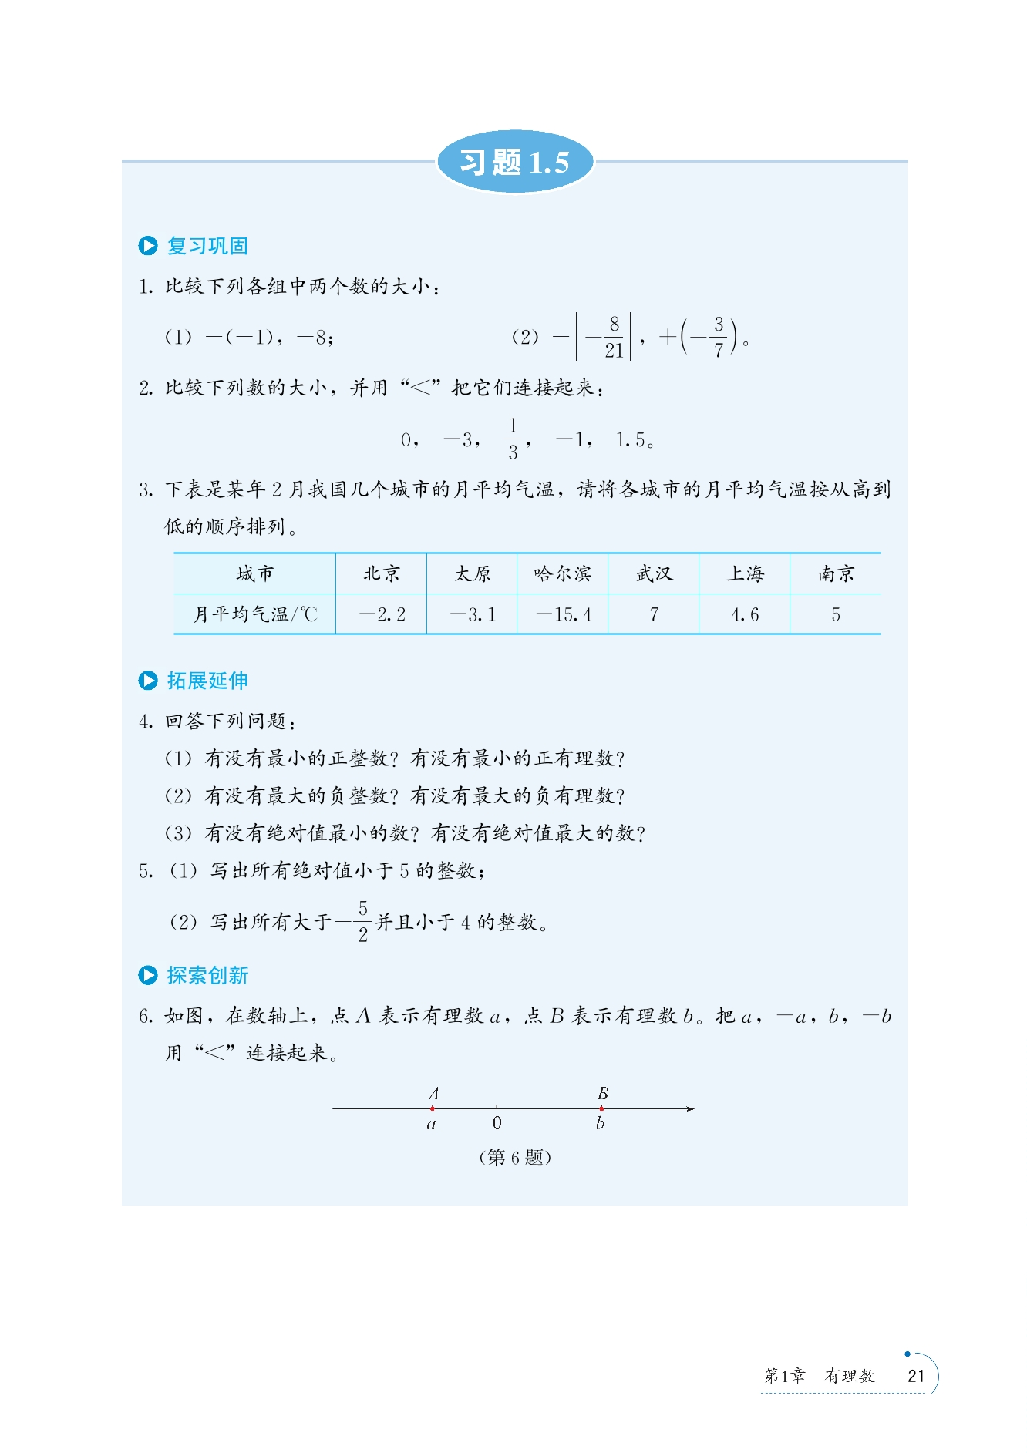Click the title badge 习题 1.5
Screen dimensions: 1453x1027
(x=514, y=162)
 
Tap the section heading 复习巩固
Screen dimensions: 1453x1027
(x=207, y=246)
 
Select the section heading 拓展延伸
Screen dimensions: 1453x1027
(x=207, y=681)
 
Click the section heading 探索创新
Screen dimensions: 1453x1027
(x=207, y=976)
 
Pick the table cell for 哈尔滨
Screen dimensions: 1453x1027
(x=562, y=573)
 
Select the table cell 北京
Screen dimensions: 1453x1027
(x=382, y=573)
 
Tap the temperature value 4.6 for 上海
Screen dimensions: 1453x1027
(x=744, y=614)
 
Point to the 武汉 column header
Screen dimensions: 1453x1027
(x=654, y=573)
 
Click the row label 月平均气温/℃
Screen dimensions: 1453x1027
(x=254, y=614)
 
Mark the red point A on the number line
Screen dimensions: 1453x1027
(x=433, y=1108)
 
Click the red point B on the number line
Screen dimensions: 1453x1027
(x=601, y=1108)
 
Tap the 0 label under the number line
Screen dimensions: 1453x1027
(x=497, y=1123)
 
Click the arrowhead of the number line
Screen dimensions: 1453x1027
(x=690, y=1108)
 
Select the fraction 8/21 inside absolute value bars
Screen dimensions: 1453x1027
(x=614, y=337)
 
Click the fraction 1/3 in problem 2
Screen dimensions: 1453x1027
(x=513, y=439)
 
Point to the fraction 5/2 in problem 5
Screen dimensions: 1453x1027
(x=363, y=921)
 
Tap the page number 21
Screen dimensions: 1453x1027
(x=916, y=1376)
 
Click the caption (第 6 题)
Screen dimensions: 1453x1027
(x=515, y=1157)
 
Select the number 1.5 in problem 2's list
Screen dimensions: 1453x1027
(x=631, y=440)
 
